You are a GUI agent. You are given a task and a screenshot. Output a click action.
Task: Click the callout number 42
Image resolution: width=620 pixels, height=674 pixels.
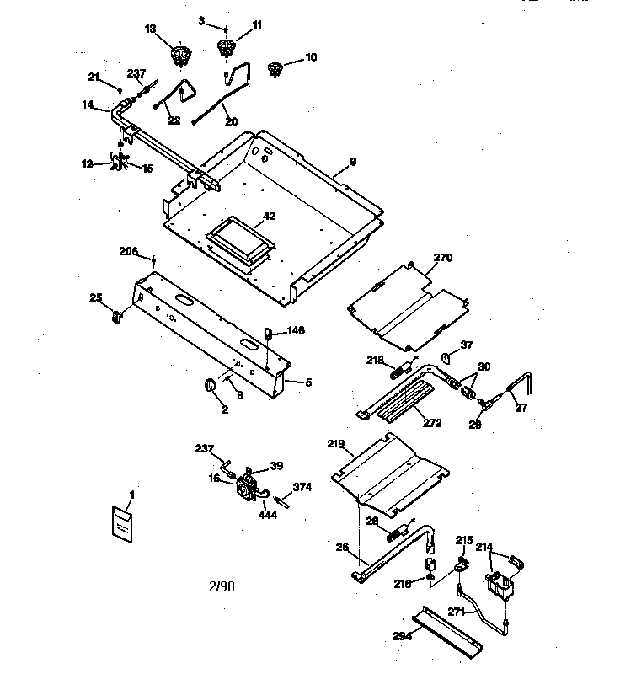tap(269, 217)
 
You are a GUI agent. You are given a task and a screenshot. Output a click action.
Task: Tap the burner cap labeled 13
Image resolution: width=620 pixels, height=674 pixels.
tap(179, 56)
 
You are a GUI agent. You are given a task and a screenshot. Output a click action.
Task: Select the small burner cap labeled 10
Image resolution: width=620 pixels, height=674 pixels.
tap(274, 69)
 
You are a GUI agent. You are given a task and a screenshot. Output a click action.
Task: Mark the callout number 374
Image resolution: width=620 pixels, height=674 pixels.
tap(302, 487)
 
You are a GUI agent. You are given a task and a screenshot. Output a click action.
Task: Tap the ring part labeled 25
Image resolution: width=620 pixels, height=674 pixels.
tap(118, 317)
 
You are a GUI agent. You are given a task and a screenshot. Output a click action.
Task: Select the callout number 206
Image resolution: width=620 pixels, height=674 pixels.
tap(151, 251)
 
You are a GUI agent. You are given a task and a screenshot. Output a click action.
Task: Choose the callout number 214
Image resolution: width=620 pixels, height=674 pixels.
tap(484, 547)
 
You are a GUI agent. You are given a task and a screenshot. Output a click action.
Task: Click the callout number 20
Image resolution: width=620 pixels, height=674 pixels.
tap(232, 120)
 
